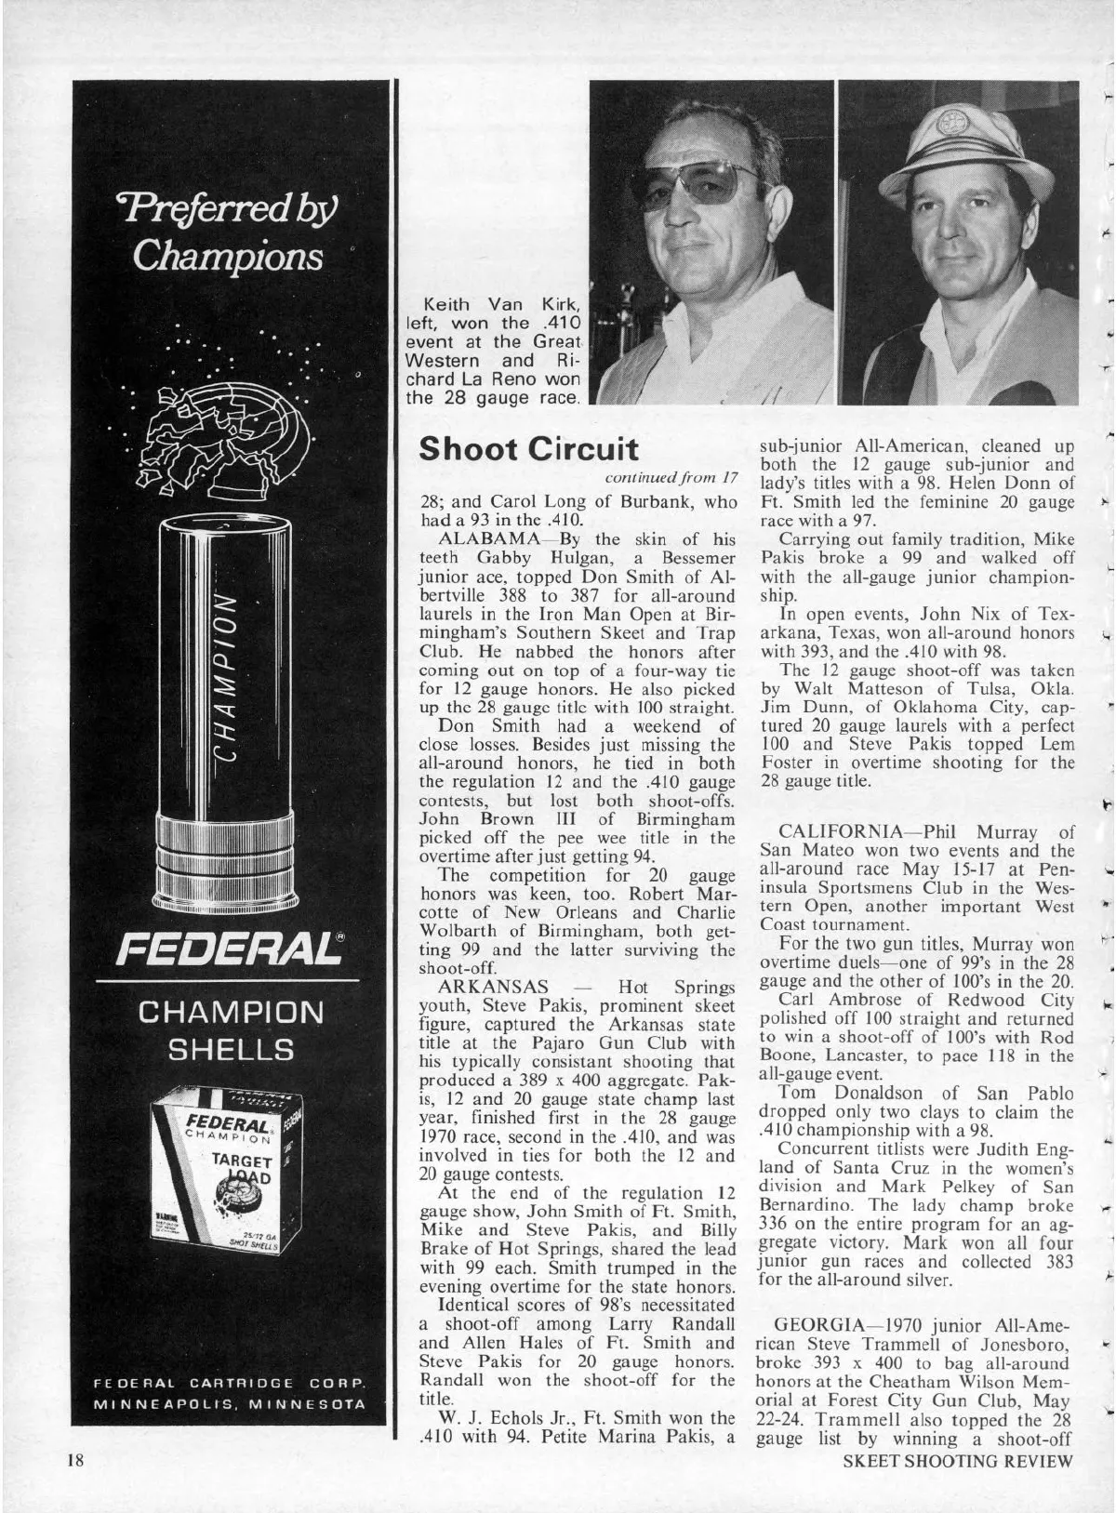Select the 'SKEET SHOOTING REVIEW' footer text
957,1485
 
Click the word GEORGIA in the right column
819,1322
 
